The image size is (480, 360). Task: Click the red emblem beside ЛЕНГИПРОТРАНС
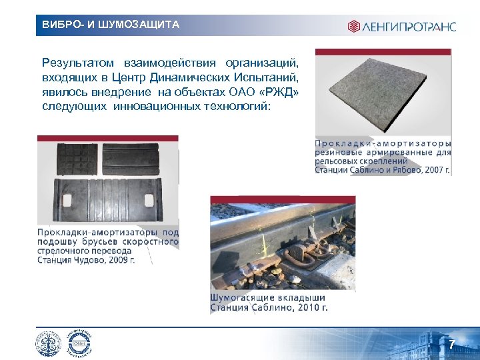click(353, 27)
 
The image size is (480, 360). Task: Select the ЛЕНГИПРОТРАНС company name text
click(409, 27)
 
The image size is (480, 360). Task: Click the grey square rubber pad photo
click(383, 93)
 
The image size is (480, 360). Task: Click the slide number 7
click(451, 345)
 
